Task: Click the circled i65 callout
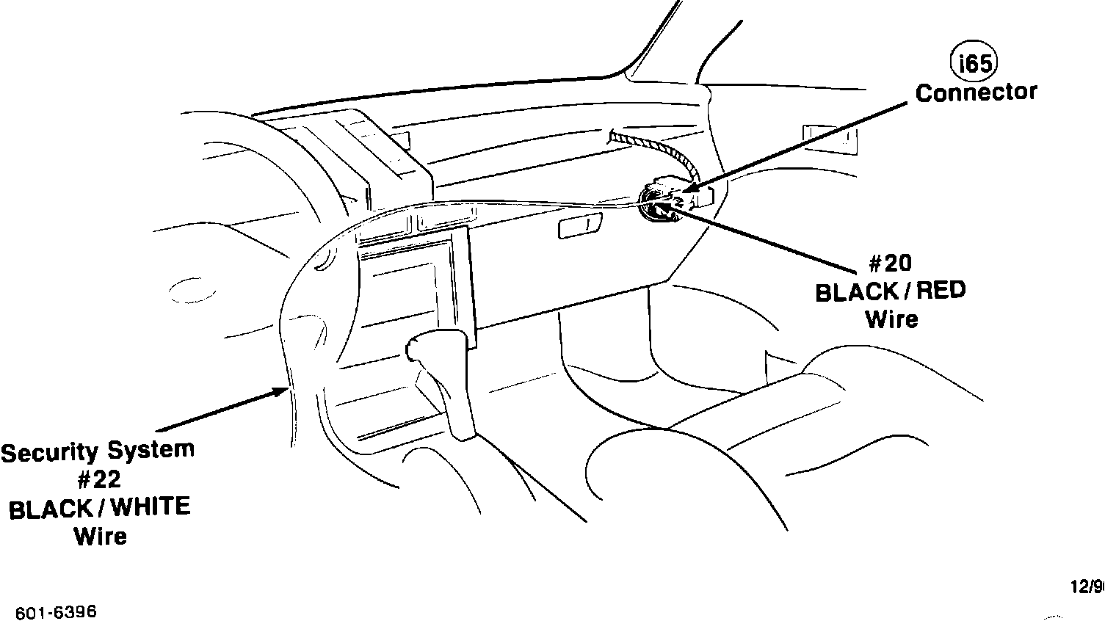click(x=974, y=64)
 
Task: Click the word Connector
click(x=976, y=93)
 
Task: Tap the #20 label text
click(x=890, y=264)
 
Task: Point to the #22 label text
click(x=98, y=479)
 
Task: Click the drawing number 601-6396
click(x=56, y=612)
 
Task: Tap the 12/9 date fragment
click(x=1087, y=586)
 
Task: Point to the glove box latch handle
click(x=580, y=226)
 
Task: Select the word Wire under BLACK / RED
click(x=891, y=319)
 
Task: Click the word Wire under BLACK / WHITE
click(x=100, y=536)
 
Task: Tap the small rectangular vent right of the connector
click(x=830, y=139)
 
